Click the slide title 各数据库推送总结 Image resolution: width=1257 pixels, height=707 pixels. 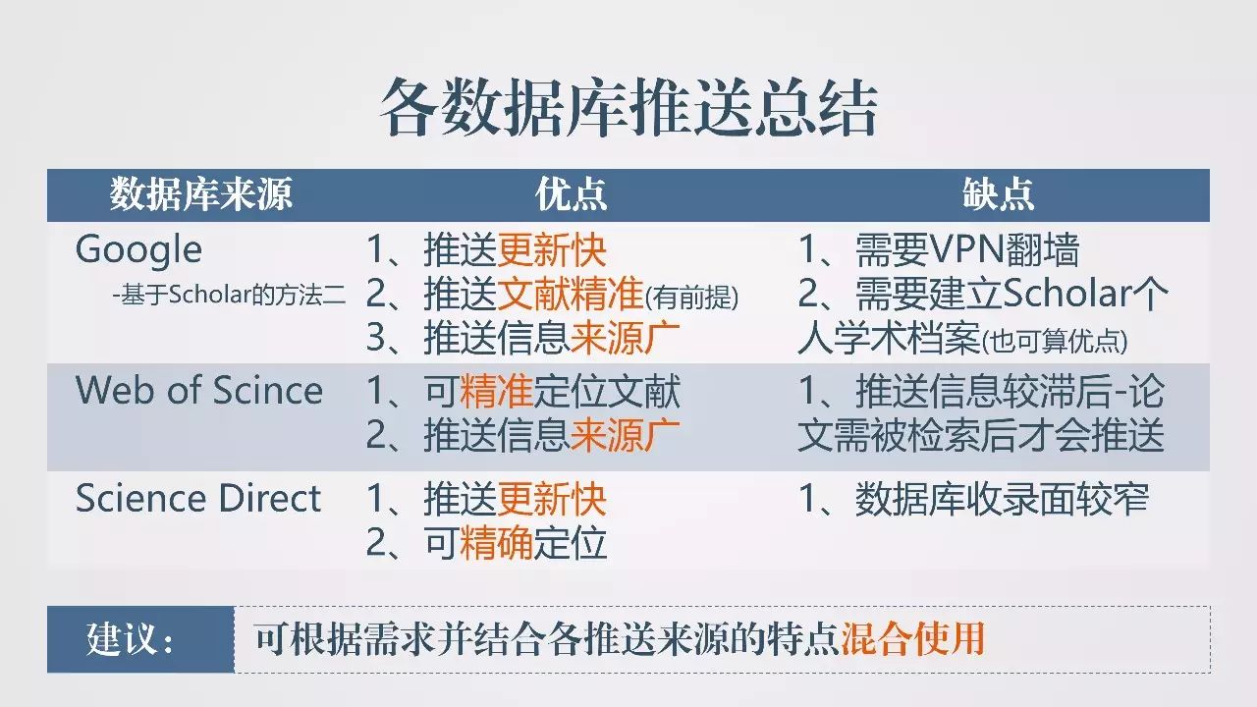tap(628, 107)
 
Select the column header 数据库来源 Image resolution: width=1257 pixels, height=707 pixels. tap(201, 194)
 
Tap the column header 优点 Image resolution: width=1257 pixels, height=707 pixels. tap(572, 194)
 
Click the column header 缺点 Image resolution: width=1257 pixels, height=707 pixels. tap(999, 194)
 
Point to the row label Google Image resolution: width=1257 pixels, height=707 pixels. tap(138, 250)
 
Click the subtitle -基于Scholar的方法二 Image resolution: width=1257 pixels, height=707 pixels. tap(229, 295)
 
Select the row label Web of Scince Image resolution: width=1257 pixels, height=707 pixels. tap(199, 390)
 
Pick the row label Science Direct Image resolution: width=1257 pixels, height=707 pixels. tap(198, 498)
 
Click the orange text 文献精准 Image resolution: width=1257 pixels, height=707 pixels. tap(570, 294)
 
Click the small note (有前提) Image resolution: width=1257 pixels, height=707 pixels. tap(691, 298)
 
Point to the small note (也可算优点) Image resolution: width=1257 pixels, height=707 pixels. tap(1054, 341)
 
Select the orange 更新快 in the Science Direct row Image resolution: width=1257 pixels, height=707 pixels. tap(552, 500)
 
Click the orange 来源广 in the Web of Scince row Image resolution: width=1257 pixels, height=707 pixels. tap(625, 435)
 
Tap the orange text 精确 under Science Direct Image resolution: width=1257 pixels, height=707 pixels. tap(496, 543)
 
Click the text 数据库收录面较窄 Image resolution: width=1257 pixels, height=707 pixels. tap(1002, 499)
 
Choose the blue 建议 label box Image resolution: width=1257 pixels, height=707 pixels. tap(140, 639)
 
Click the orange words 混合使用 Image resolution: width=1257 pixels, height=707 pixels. tap(913, 638)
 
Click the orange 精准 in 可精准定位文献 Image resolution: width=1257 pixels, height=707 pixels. tap(496, 391)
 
